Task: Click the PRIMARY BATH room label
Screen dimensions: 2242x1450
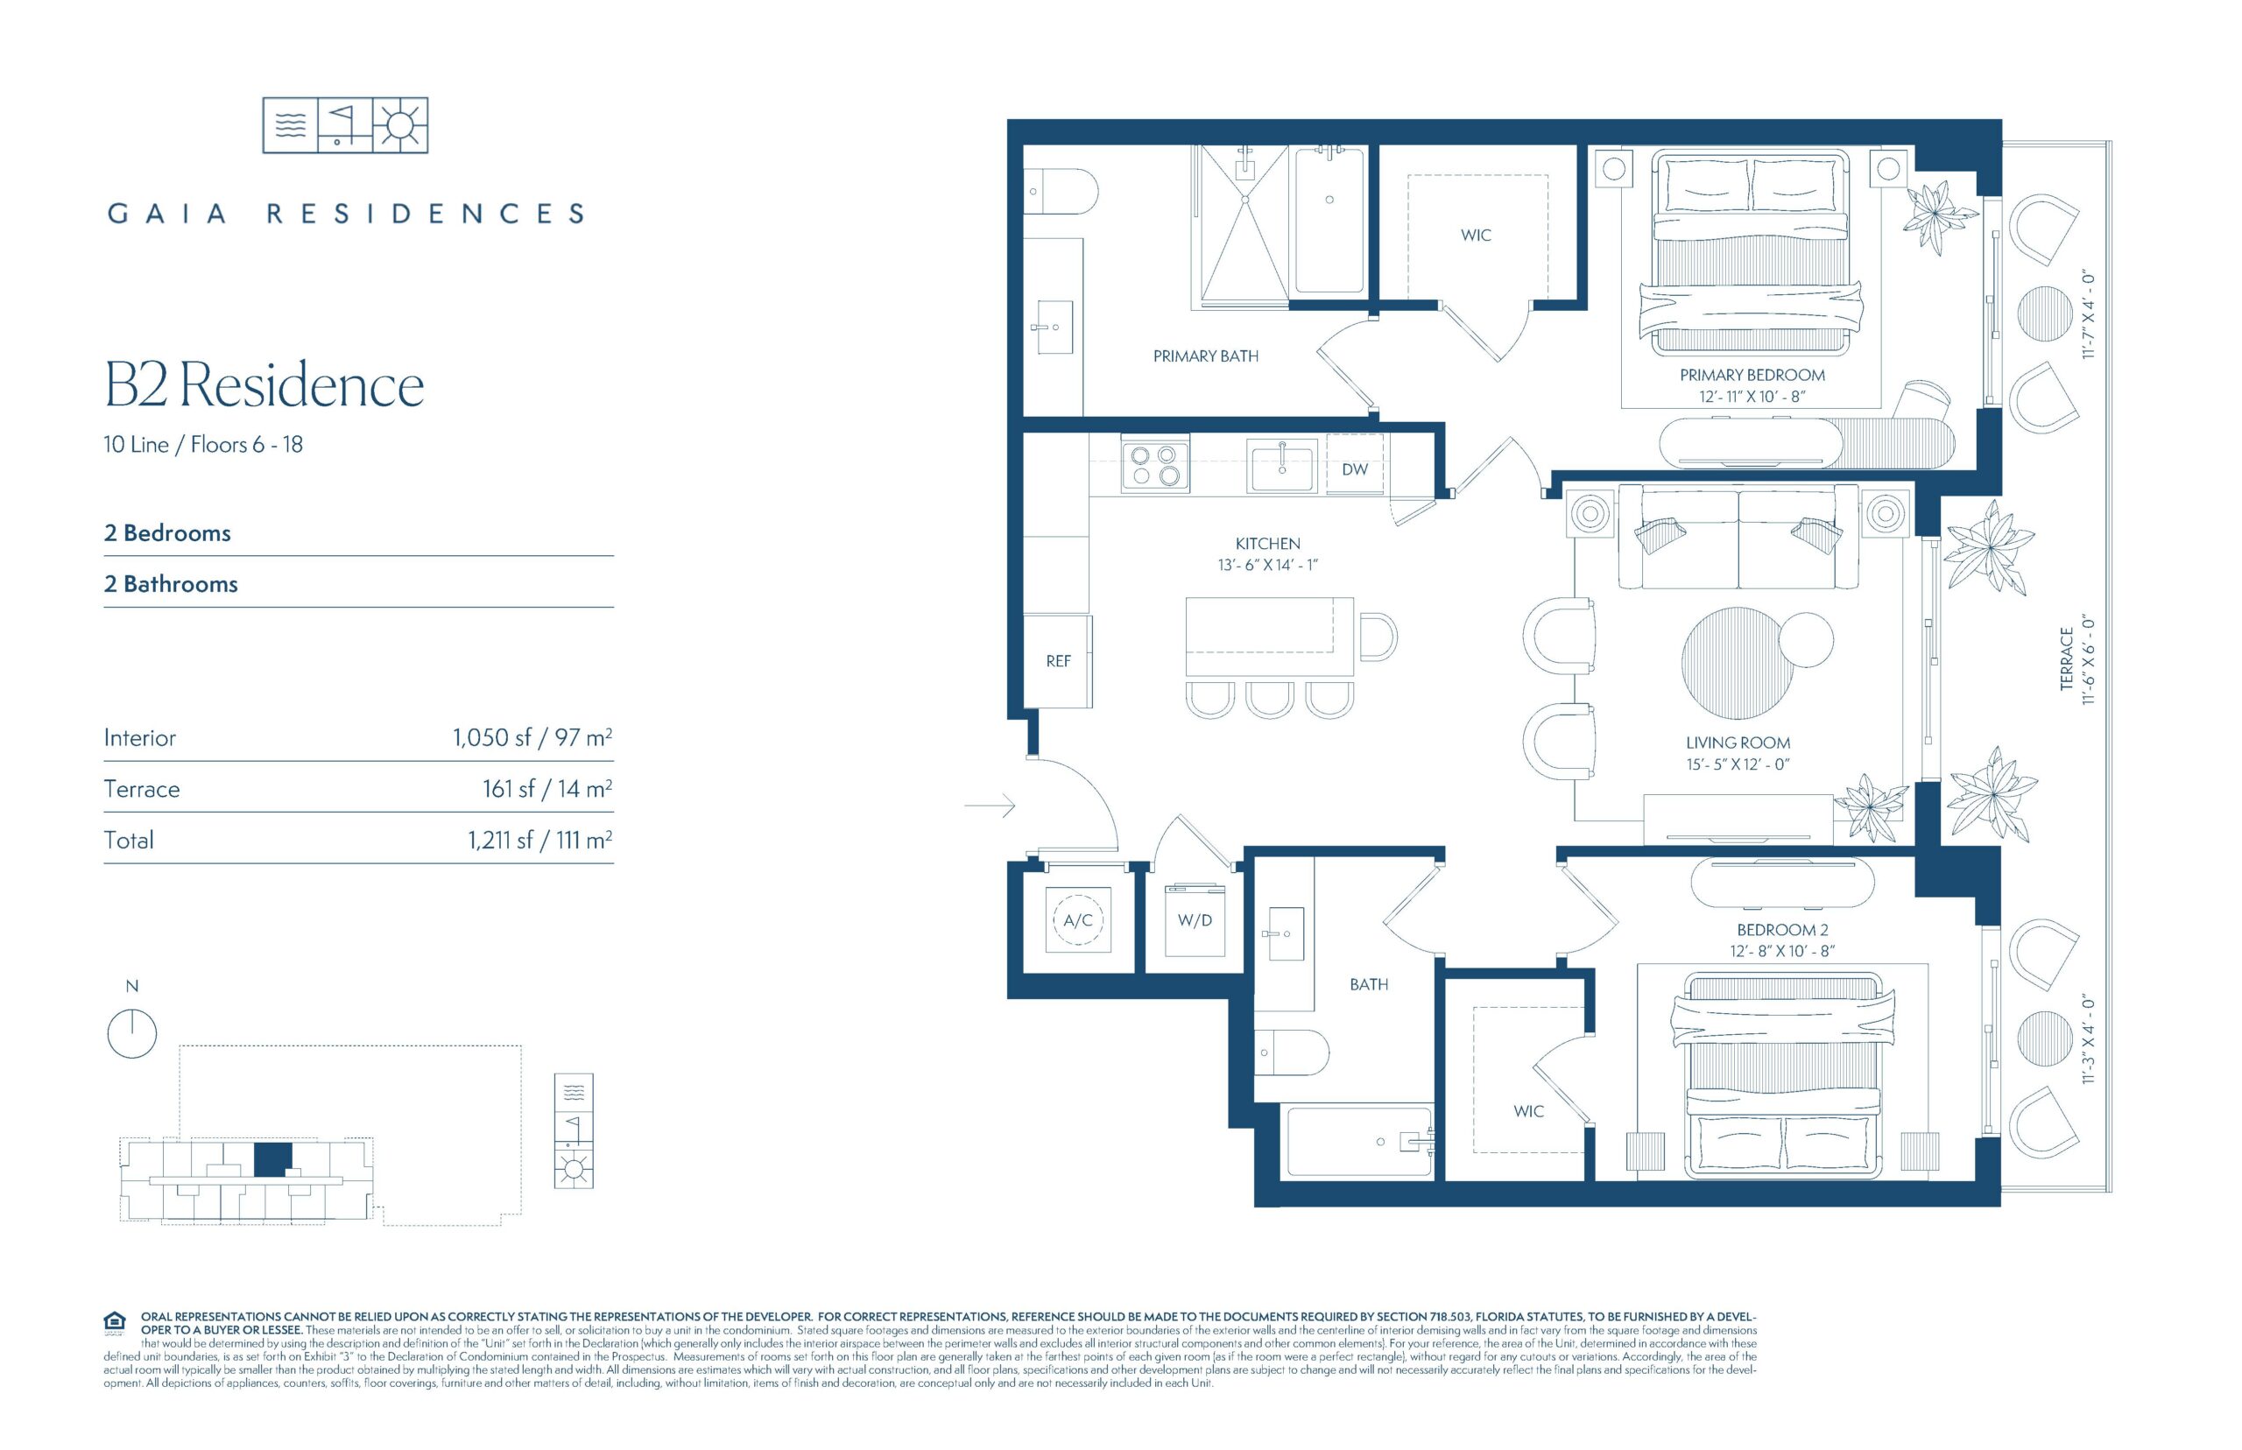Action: point(1205,355)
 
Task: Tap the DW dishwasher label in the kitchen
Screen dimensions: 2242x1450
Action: point(1354,469)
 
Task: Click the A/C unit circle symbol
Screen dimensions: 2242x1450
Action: point(1078,920)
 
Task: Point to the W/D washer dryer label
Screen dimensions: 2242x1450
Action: point(1195,920)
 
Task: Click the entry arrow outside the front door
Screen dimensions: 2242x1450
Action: point(990,806)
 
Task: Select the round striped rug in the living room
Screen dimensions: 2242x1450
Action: point(1738,663)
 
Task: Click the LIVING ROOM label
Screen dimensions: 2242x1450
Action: point(1738,743)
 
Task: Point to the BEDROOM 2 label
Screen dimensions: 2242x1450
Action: point(1782,929)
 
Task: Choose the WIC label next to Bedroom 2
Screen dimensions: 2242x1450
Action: point(1528,1111)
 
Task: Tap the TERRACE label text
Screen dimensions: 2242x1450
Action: point(2067,658)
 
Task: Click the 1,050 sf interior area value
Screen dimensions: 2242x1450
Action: point(491,737)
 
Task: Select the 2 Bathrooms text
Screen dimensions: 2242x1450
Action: point(171,584)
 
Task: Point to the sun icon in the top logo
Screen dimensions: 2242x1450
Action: point(401,124)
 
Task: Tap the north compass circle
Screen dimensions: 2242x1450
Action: point(132,1033)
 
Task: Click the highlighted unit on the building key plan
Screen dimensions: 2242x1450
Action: point(272,1159)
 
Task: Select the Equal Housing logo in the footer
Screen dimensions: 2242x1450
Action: point(115,1322)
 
